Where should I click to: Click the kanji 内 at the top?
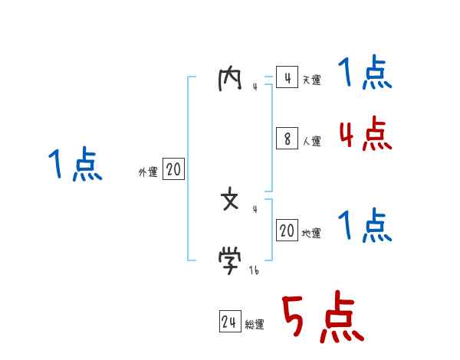(230, 80)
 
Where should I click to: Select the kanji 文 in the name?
(230, 201)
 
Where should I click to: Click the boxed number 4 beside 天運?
(287, 78)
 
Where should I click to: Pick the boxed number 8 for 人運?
(287, 139)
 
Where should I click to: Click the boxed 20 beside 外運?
(173, 170)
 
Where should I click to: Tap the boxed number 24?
(229, 322)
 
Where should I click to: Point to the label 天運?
(311, 80)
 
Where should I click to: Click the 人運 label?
(311, 141)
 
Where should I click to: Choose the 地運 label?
(311, 234)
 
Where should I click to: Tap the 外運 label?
(148, 173)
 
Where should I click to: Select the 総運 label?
(254, 325)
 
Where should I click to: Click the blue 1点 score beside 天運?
(365, 74)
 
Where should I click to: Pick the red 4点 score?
(365, 135)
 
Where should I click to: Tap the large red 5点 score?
(322, 319)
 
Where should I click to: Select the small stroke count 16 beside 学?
(253, 270)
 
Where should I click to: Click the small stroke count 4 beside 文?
(255, 209)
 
